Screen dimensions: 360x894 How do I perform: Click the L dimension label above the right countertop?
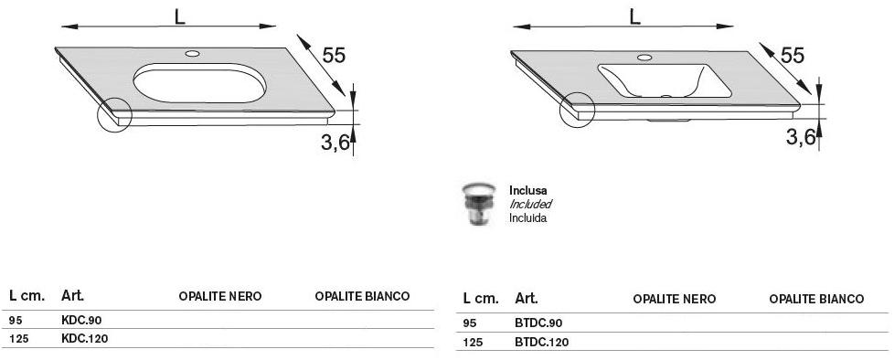pyautogui.click(x=633, y=16)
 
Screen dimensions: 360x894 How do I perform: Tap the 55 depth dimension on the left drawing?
pyautogui.click(x=334, y=56)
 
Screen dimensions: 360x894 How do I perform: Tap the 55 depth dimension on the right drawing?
pyautogui.click(x=793, y=56)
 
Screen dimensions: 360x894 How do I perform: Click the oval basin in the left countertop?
pyautogui.click(x=198, y=82)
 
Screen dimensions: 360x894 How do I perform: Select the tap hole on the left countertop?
pyautogui.click(x=192, y=54)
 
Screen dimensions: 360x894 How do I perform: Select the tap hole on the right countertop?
pyautogui.click(x=645, y=58)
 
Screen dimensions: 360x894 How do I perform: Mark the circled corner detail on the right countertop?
pyautogui.click(x=577, y=109)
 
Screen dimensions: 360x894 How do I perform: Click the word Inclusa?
pyautogui.click(x=527, y=191)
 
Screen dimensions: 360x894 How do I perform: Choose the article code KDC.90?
pyautogui.click(x=81, y=321)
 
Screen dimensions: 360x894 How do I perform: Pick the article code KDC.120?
pyautogui.click(x=84, y=338)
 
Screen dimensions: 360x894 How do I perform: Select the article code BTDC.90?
pyautogui.click(x=538, y=323)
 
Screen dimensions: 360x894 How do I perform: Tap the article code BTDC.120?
pyautogui.click(x=541, y=343)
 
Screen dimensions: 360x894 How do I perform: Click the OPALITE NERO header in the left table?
pyautogui.click(x=220, y=297)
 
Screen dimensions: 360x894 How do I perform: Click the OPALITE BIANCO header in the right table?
pyautogui.click(x=816, y=300)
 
